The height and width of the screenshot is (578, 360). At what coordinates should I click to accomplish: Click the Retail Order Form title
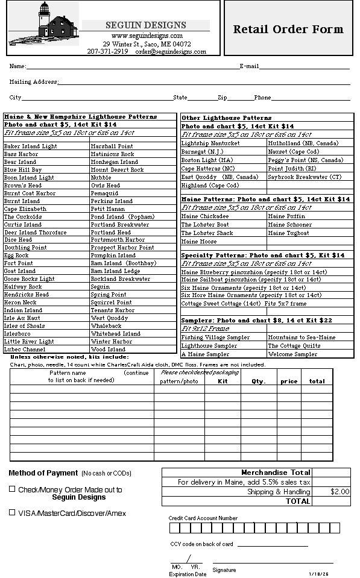pyautogui.click(x=288, y=30)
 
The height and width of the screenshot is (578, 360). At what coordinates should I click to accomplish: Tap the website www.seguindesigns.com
pyautogui.click(x=147, y=36)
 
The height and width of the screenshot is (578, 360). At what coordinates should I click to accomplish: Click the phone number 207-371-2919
pyautogui.click(x=108, y=52)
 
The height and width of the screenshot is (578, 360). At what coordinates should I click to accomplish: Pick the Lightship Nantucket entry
pyautogui.click(x=210, y=143)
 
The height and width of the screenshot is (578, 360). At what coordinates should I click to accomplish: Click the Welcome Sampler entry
pyautogui.click(x=292, y=354)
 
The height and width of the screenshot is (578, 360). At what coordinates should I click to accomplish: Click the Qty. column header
pyautogui.click(x=259, y=382)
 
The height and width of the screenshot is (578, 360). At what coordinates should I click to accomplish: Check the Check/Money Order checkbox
pyautogui.click(x=12, y=489)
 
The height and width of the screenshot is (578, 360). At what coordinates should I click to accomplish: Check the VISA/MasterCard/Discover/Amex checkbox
pyautogui.click(x=12, y=512)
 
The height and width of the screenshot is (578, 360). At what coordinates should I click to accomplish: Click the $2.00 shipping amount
pyautogui.click(x=339, y=492)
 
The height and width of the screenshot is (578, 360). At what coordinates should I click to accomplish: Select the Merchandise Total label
pyautogui.click(x=276, y=473)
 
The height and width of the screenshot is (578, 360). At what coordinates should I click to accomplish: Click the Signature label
pyautogui.click(x=224, y=570)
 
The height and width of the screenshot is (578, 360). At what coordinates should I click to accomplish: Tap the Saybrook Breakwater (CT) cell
pyautogui.click(x=305, y=177)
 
